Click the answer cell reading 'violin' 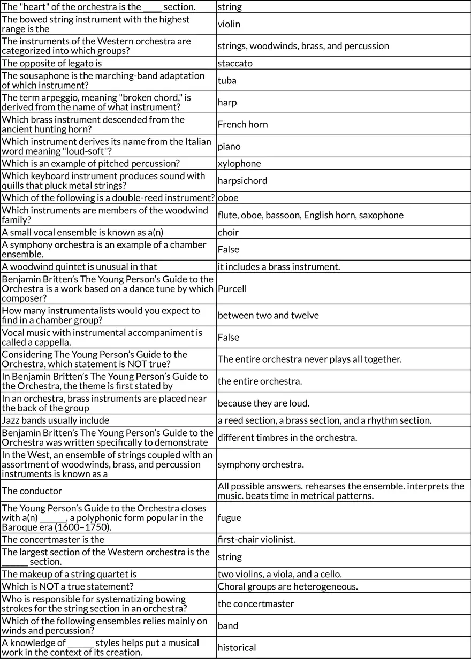[x=229, y=24]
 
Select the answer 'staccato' [x=235, y=63]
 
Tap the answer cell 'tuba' [x=227, y=81]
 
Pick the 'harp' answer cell [x=227, y=103]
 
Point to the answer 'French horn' [x=242, y=125]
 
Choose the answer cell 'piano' [x=229, y=147]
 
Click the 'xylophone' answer [x=239, y=164]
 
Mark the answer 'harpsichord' [x=242, y=181]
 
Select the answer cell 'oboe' [x=228, y=198]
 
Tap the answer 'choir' [x=228, y=232]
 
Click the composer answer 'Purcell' [x=232, y=289]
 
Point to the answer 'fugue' [x=229, y=518]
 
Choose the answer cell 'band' [x=228, y=626]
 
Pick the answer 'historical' [x=237, y=648]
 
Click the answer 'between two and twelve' [x=268, y=316]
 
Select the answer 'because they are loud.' [x=263, y=403]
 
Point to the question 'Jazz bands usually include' [x=56, y=420]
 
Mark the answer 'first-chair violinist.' [x=264, y=540]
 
